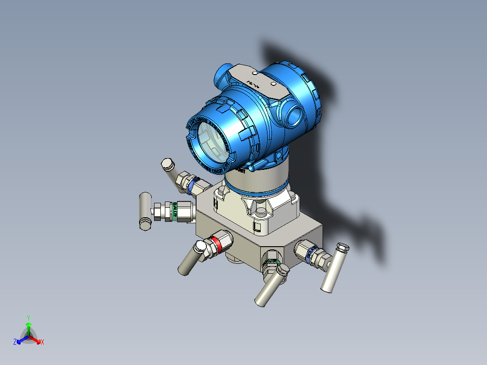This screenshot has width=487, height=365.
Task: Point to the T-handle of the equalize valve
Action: coord(145,211)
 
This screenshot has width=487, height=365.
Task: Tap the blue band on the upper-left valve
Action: coord(193,185)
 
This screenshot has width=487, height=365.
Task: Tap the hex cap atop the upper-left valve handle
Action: coord(167,164)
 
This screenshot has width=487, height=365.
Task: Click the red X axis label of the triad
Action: coord(42,342)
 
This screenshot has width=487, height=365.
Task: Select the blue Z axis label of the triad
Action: coord(15,342)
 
